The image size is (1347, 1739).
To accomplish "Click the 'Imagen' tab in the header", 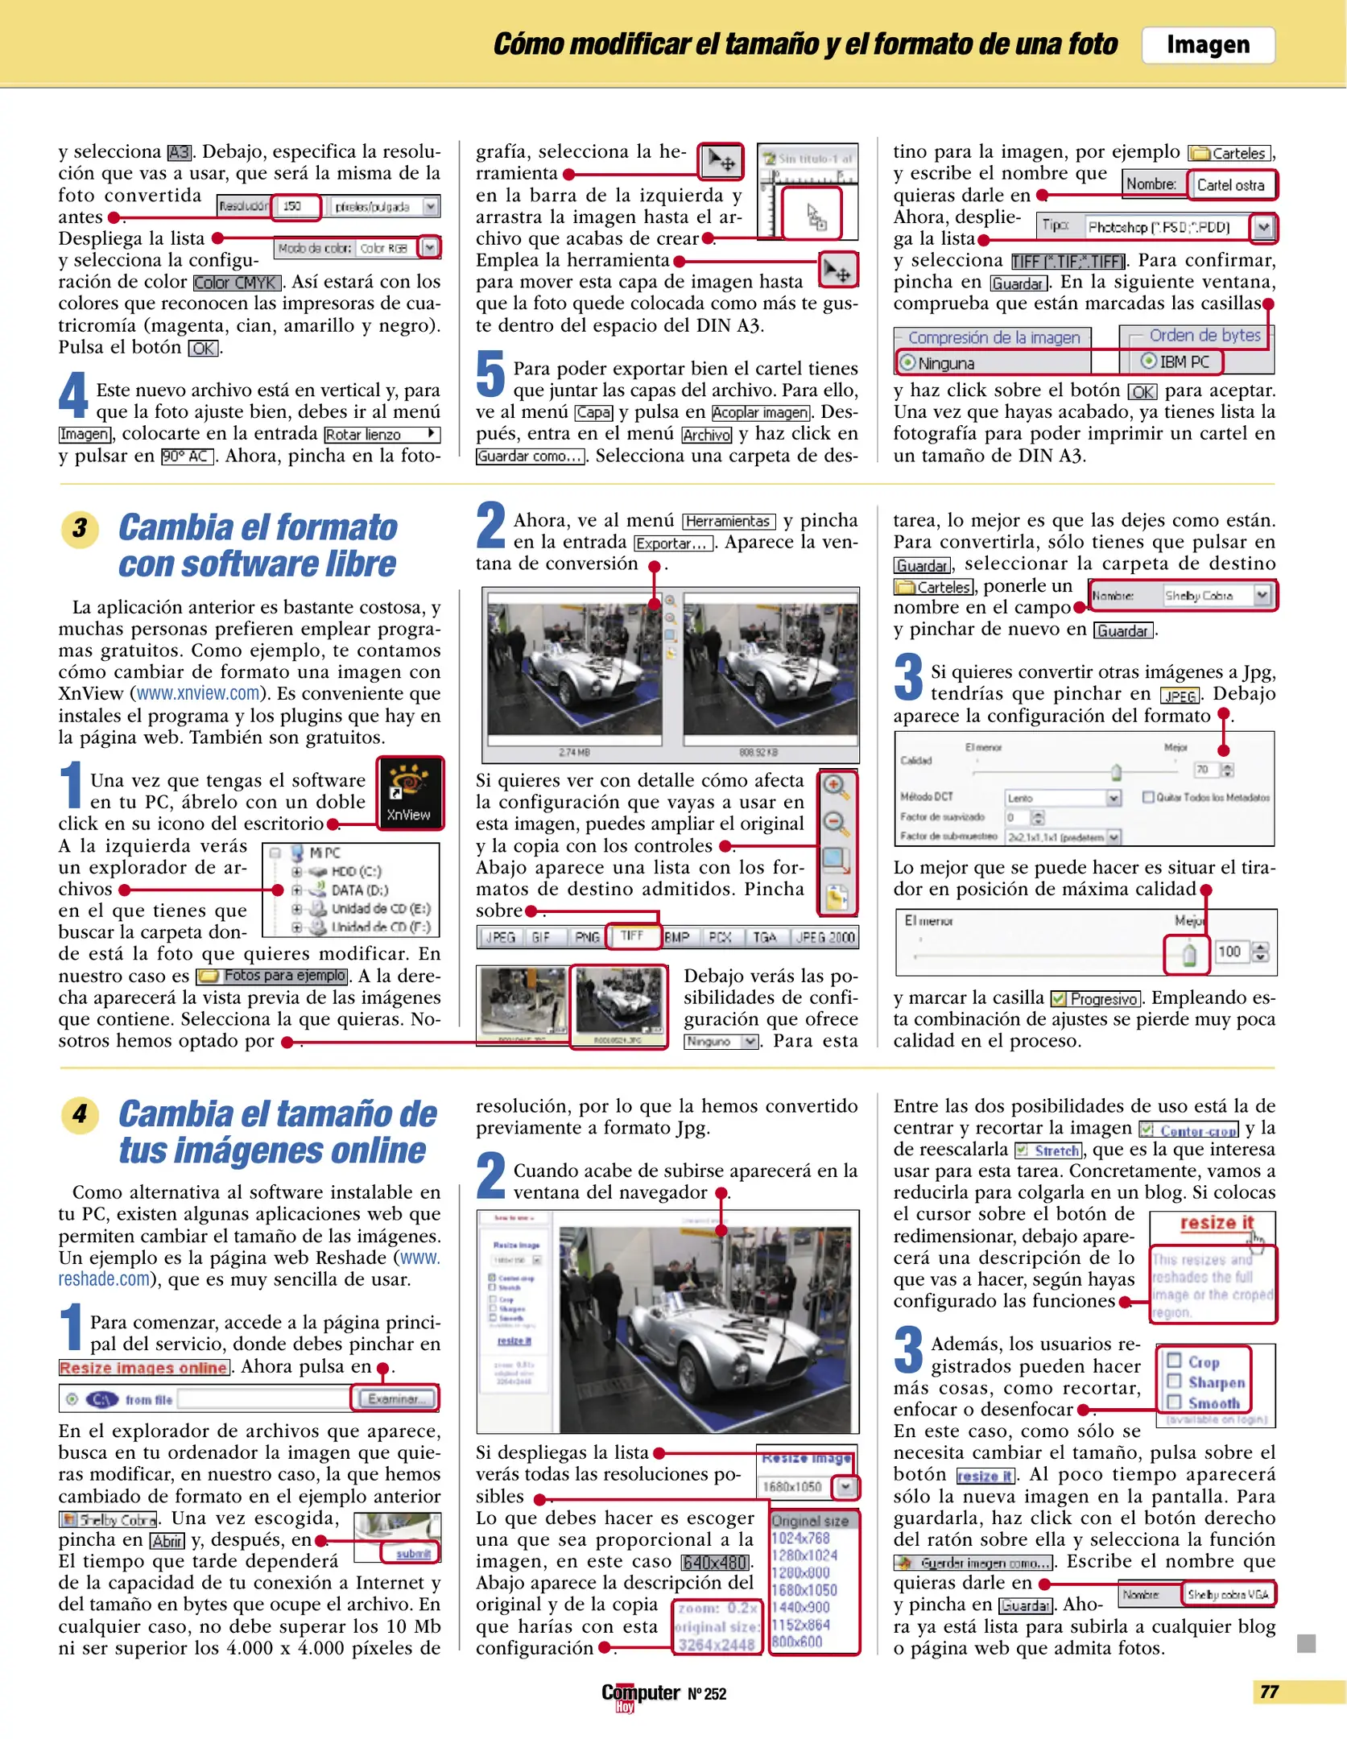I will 1207,45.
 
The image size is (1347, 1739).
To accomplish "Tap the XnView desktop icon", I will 410,791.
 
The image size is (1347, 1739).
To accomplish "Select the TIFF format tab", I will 632,936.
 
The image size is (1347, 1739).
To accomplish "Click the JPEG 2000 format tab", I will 824,937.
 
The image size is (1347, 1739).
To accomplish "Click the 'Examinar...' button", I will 395,1398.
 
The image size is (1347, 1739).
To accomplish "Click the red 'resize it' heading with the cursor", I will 1216,1222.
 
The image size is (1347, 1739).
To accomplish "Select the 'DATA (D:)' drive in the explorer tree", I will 358,890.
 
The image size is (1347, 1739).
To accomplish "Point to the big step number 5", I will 490,374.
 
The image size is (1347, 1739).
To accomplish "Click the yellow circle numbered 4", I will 80,1115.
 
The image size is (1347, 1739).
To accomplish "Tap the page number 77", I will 1269,1691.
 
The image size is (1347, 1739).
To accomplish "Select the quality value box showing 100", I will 1229,952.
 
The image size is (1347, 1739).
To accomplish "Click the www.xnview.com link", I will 198,694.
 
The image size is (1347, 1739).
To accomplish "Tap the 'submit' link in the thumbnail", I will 413,1553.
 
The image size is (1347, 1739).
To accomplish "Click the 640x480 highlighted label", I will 715,1562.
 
